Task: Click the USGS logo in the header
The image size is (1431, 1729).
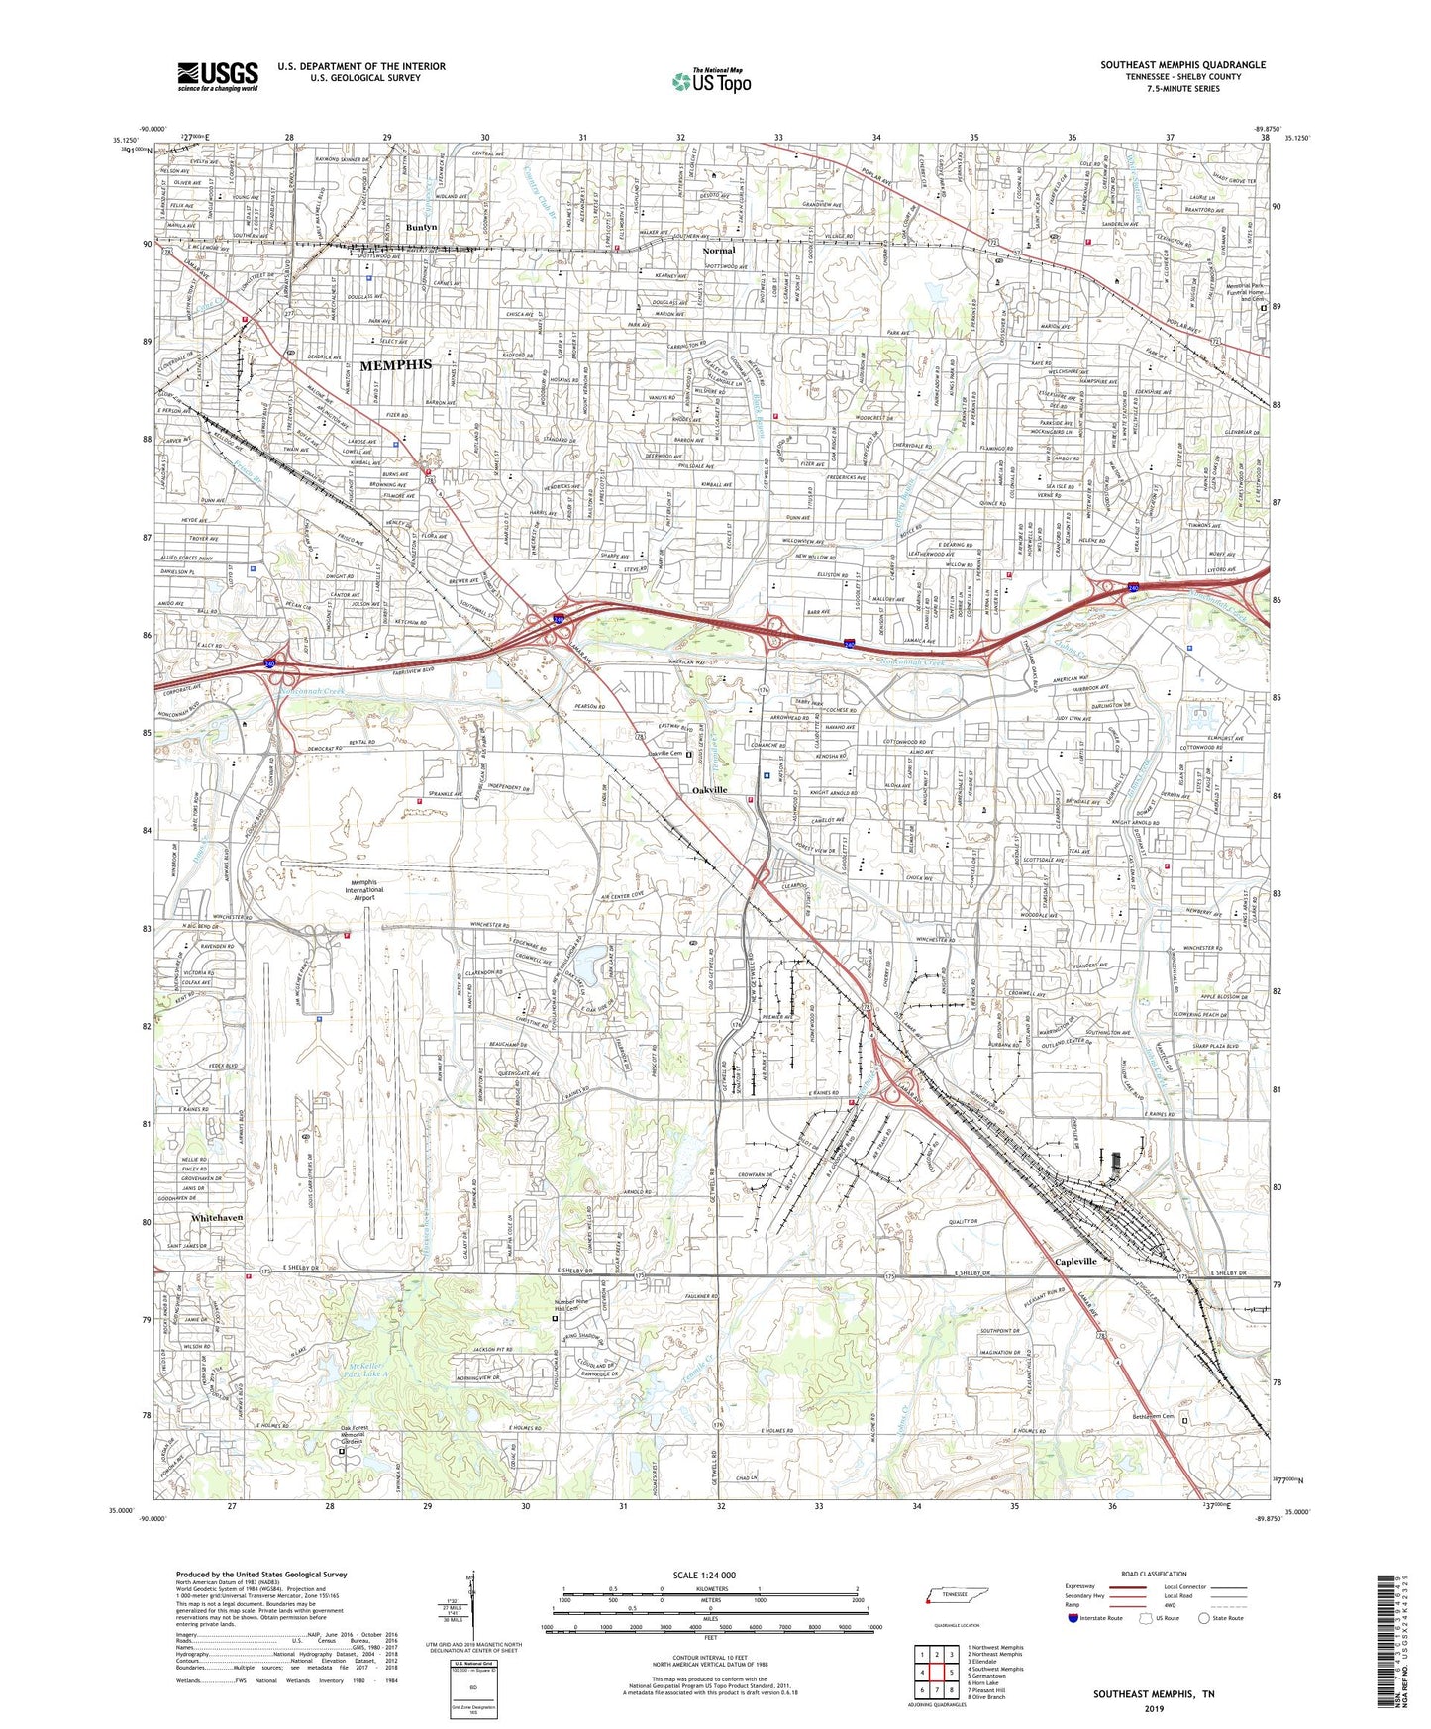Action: (x=218, y=75)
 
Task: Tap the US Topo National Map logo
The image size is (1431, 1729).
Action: (x=711, y=81)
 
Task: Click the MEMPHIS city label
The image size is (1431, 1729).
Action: (x=395, y=365)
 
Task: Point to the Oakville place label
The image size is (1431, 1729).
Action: (x=709, y=790)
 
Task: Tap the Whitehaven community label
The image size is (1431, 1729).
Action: (x=217, y=1217)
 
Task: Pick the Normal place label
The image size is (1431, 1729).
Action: (x=718, y=251)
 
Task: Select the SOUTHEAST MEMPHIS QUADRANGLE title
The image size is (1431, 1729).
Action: (x=1182, y=65)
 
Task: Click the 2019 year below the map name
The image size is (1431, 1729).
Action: (x=1154, y=1709)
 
